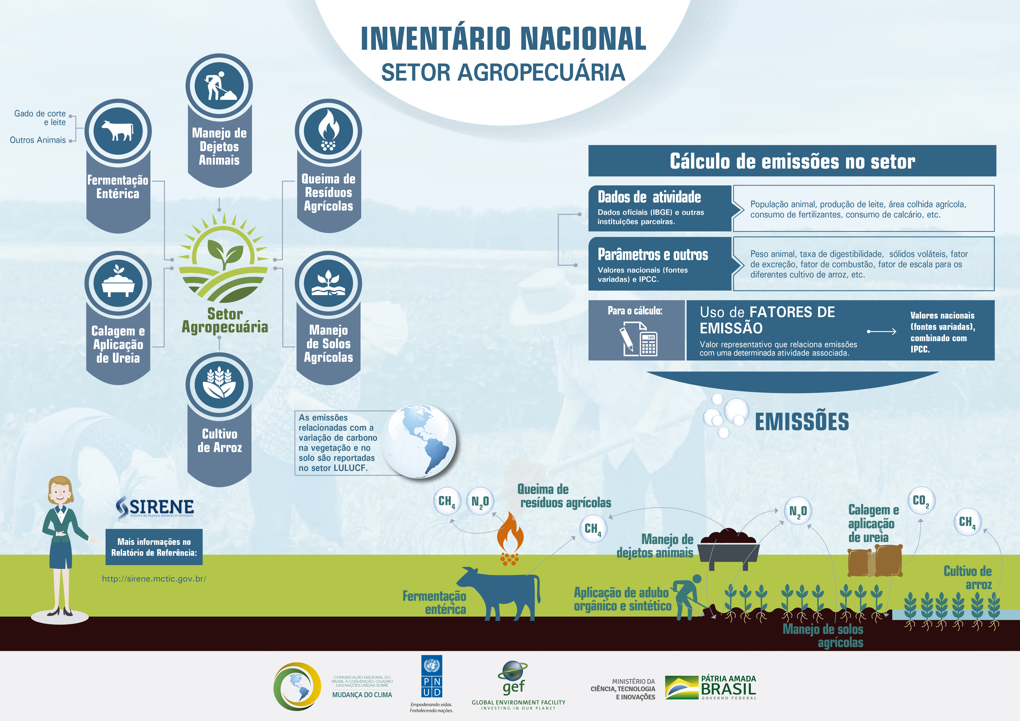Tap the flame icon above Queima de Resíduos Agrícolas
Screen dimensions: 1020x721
pos(328,130)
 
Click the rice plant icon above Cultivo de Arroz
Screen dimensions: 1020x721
pos(219,383)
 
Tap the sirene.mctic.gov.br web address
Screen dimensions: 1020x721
pos(154,579)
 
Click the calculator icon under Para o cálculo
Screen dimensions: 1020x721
pos(649,344)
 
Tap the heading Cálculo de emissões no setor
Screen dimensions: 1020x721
pos(792,161)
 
